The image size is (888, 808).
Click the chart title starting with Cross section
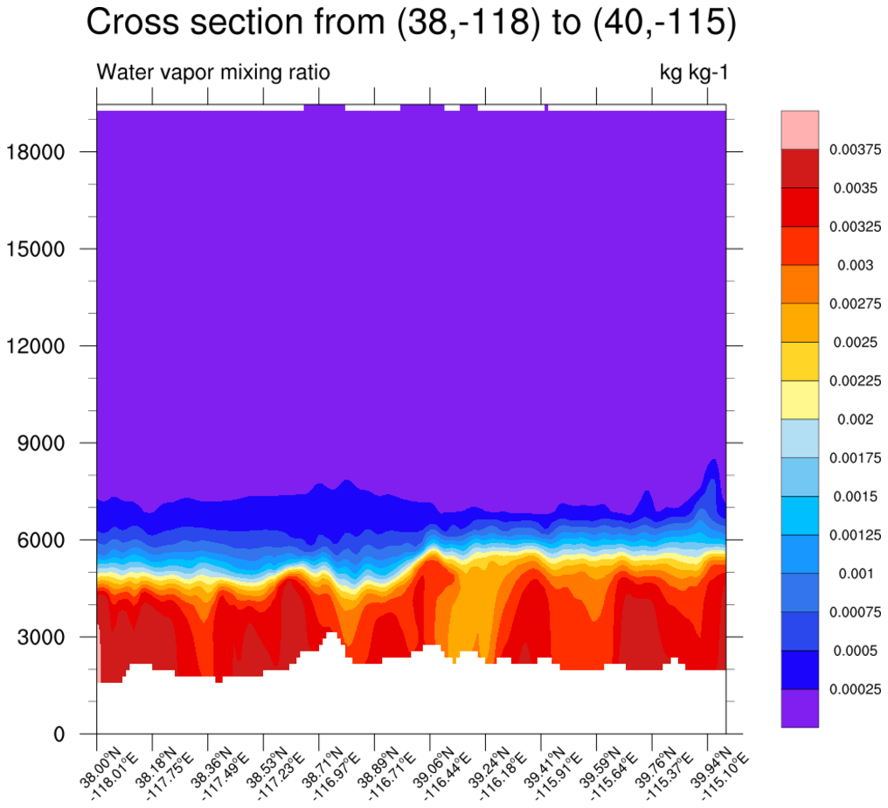[x=411, y=24]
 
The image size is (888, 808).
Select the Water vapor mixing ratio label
[x=213, y=72]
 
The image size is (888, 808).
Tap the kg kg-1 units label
[x=693, y=72]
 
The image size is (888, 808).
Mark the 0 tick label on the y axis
[x=59, y=735]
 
